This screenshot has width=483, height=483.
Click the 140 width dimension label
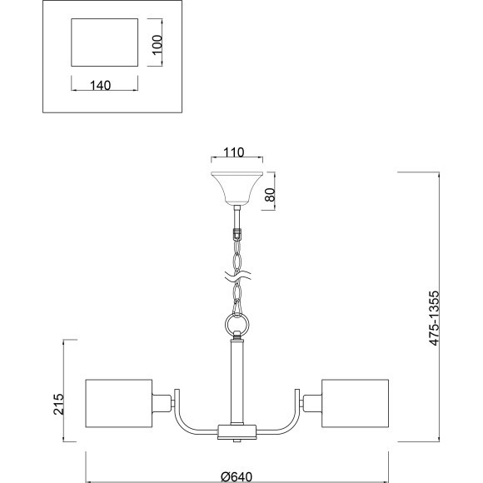(x=101, y=85)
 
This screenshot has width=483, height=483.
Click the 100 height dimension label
(x=157, y=44)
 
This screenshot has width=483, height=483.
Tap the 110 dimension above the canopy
(x=233, y=152)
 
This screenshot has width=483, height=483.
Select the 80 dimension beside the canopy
(x=270, y=194)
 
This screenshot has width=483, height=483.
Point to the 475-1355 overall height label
(x=434, y=318)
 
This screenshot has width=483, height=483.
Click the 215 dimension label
(x=58, y=404)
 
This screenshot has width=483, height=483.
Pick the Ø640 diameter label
(x=237, y=477)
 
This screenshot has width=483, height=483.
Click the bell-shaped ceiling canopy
(x=237, y=188)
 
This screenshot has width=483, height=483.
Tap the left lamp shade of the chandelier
(x=119, y=403)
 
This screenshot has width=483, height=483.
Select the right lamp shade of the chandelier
(x=355, y=403)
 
